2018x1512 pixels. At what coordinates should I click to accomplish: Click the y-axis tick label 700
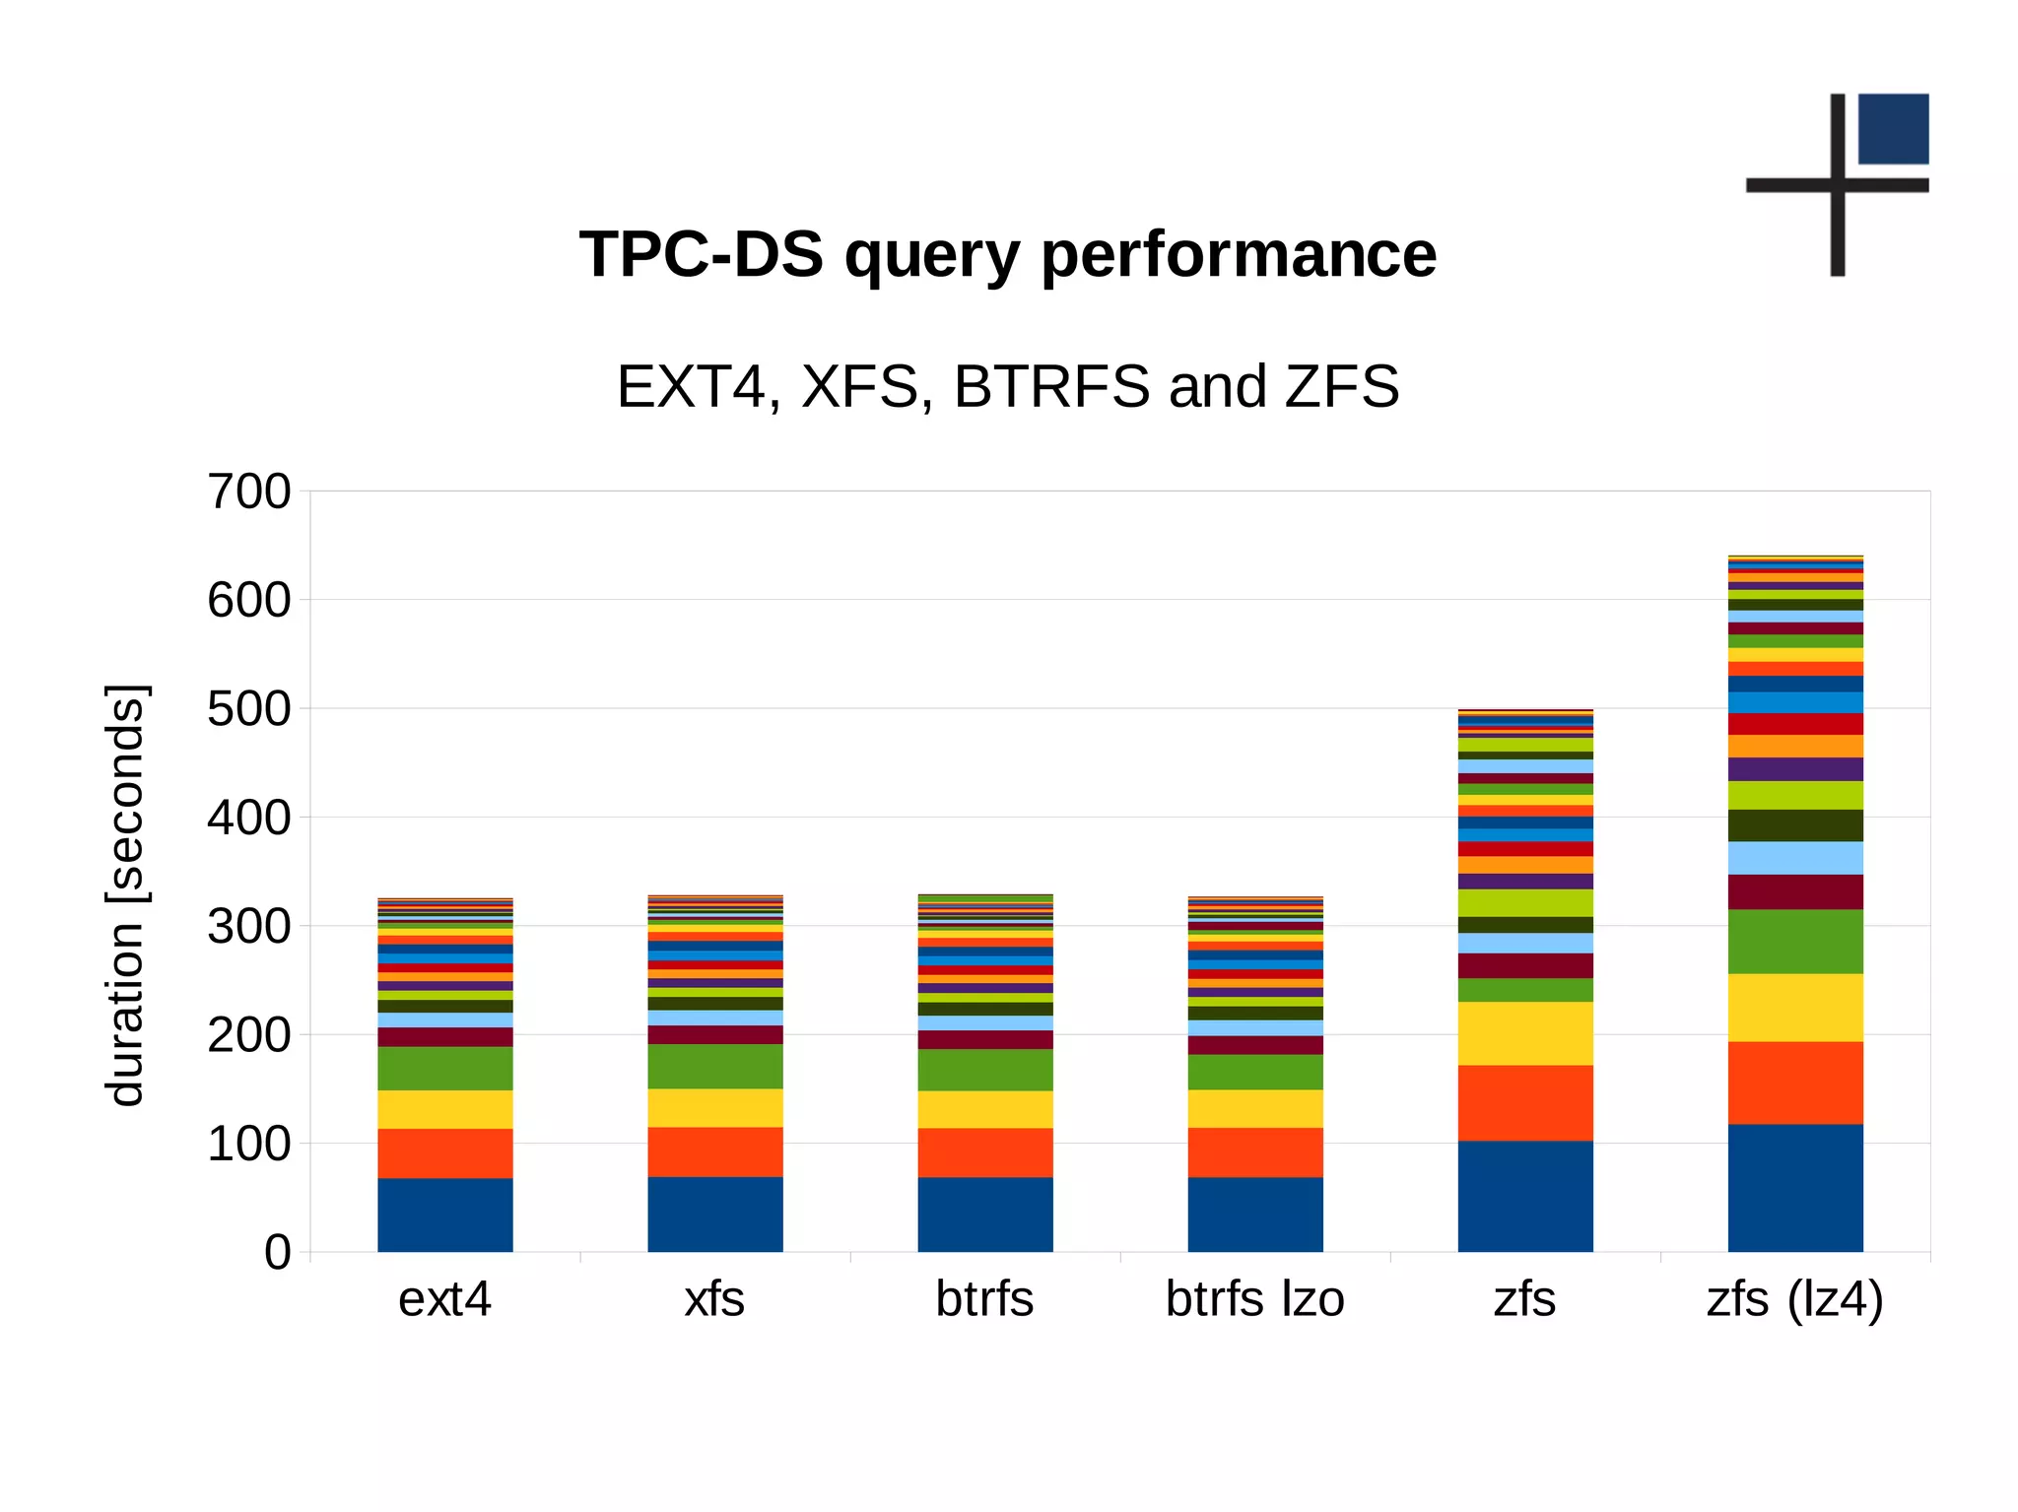pos(248,492)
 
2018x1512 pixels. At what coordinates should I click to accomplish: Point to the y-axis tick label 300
pos(248,927)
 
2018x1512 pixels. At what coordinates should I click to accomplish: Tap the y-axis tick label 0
pos(278,1253)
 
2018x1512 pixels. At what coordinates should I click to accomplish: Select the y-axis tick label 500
pos(248,709)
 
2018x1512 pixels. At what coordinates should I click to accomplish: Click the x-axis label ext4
pos(444,1299)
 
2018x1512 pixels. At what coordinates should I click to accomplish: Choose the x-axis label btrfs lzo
pos(1254,1299)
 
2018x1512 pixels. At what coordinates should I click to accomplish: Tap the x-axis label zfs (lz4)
pos(1794,1299)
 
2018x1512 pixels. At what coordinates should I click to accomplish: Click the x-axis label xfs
pos(714,1299)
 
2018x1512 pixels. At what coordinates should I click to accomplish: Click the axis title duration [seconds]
pos(126,894)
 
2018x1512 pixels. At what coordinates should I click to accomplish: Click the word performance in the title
pos(1239,254)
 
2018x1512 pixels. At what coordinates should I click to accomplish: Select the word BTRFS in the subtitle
pos(1051,386)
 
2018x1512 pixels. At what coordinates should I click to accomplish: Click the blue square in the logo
pos(1893,128)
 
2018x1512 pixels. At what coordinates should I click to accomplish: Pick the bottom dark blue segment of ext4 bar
pos(444,1215)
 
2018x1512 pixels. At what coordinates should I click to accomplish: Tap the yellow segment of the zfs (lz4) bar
pos(1794,1007)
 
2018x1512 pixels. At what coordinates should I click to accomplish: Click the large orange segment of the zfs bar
pos(1524,1102)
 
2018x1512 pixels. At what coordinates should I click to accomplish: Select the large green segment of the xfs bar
pos(714,1066)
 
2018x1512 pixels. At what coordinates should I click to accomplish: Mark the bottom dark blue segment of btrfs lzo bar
pos(1254,1214)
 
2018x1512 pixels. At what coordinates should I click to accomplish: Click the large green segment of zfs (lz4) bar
pos(1794,941)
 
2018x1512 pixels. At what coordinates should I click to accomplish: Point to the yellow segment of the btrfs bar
pos(984,1109)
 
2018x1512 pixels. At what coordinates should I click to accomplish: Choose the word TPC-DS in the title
pos(701,254)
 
